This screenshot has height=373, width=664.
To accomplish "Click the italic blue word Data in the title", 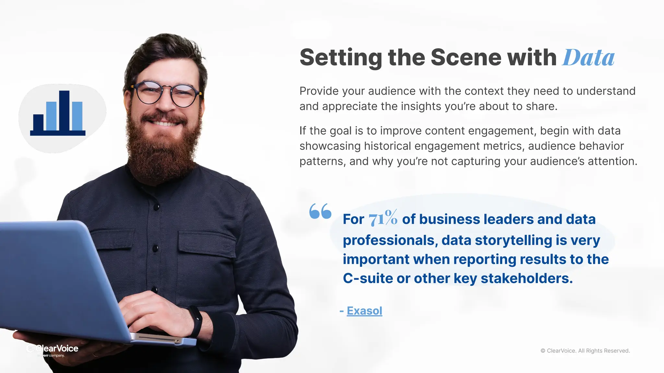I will [588, 58].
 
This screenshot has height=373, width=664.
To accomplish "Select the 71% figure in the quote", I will [383, 218].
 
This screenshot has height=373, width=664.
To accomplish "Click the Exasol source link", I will [364, 311].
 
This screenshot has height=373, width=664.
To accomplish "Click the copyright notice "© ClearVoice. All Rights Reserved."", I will [585, 351].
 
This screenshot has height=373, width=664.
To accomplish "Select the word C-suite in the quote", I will [368, 278].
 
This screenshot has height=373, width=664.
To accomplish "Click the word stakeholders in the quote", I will [527, 278].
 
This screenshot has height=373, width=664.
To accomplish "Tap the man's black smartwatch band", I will [196, 321].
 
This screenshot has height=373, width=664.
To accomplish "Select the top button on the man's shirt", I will [157, 206].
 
